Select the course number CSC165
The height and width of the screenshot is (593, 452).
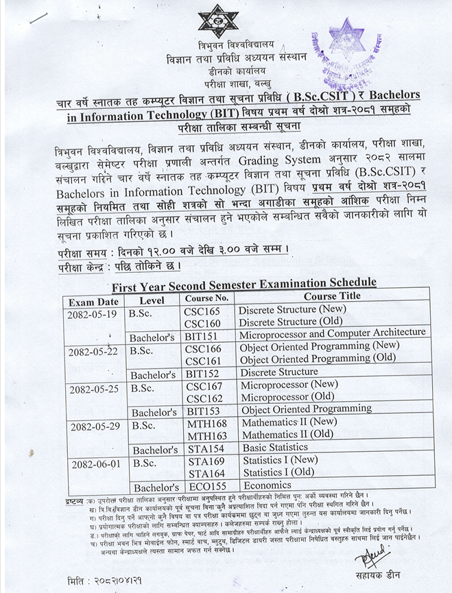pos(203,311)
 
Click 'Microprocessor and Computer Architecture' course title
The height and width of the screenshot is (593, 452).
pos(332,333)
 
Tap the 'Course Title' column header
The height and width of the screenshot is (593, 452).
pos(331,296)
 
